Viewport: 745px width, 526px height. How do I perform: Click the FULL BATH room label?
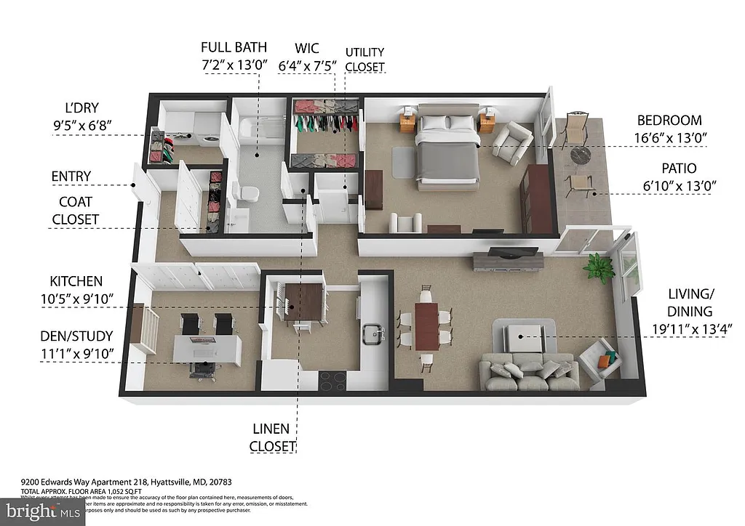tap(235, 48)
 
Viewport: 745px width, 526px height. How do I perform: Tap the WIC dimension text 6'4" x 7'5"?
tap(307, 66)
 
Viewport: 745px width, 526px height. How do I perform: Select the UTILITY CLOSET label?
tap(364, 60)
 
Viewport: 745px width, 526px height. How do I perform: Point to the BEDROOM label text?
tap(669, 121)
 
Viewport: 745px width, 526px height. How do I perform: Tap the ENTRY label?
tap(71, 177)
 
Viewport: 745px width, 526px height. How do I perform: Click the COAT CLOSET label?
tap(75, 211)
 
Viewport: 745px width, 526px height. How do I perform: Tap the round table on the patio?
tap(581, 156)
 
